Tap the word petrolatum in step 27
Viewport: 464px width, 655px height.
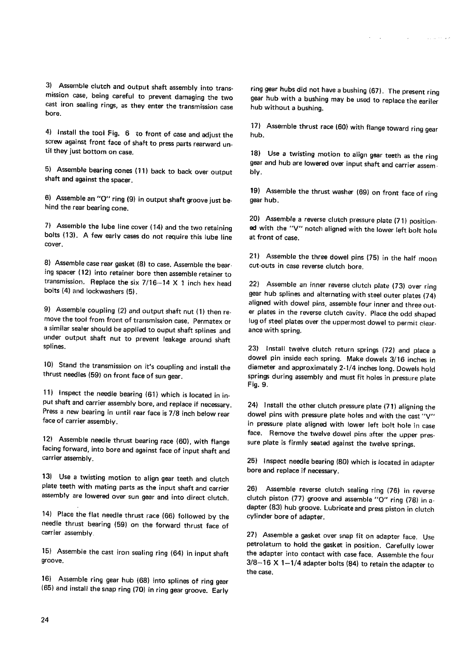(x=264, y=545)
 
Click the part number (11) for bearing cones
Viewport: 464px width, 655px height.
(x=139, y=171)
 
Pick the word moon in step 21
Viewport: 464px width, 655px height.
(x=427, y=259)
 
